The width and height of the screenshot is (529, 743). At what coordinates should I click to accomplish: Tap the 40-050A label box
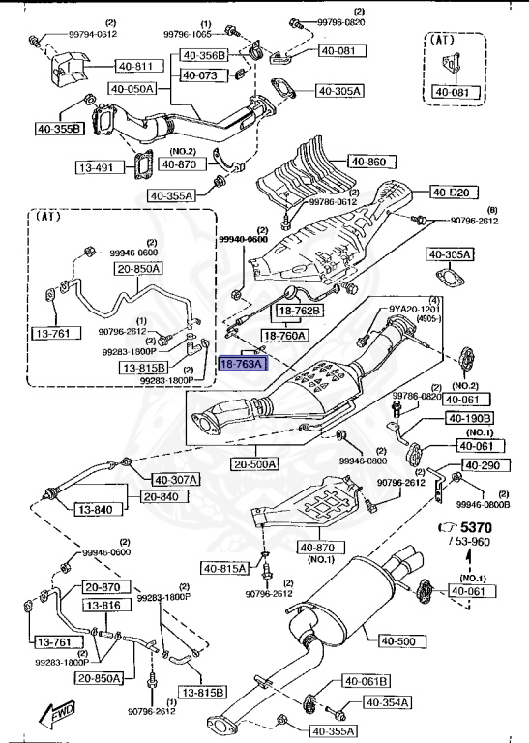point(132,88)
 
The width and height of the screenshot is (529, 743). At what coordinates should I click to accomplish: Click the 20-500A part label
point(254,463)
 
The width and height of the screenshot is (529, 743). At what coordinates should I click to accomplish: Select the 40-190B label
point(469,418)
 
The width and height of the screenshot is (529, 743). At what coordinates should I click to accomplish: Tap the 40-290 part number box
point(482,465)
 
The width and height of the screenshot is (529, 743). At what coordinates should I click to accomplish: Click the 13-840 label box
point(97,509)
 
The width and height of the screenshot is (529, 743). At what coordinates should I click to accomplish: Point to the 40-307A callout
point(175,479)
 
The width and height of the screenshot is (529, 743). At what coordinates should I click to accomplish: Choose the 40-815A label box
point(224,567)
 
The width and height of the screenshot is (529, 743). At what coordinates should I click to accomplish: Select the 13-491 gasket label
point(96,167)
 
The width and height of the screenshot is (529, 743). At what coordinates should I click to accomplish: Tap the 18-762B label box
point(301,311)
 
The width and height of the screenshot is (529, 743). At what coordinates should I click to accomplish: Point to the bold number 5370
point(476,528)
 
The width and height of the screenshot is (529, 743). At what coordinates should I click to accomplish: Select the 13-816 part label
point(103,606)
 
